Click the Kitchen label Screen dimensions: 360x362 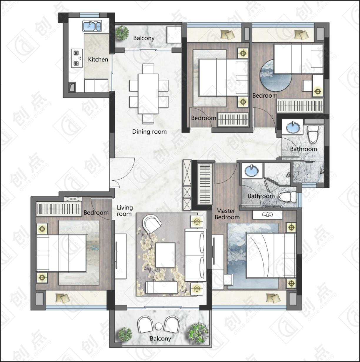(x=98, y=59)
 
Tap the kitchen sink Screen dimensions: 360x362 (x=92, y=26)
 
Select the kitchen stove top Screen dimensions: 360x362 (x=77, y=58)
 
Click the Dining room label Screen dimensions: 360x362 (x=149, y=132)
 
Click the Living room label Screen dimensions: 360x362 (x=124, y=211)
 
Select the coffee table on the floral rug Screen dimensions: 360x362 (x=165, y=255)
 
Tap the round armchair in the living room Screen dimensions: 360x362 (x=152, y=224)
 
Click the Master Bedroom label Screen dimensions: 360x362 (x=227, y=214)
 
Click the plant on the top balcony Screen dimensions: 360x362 (x=122, y=32)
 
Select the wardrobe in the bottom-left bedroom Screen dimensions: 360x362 (x=59, y=209)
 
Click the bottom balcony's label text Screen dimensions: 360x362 (x=160, y=339)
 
